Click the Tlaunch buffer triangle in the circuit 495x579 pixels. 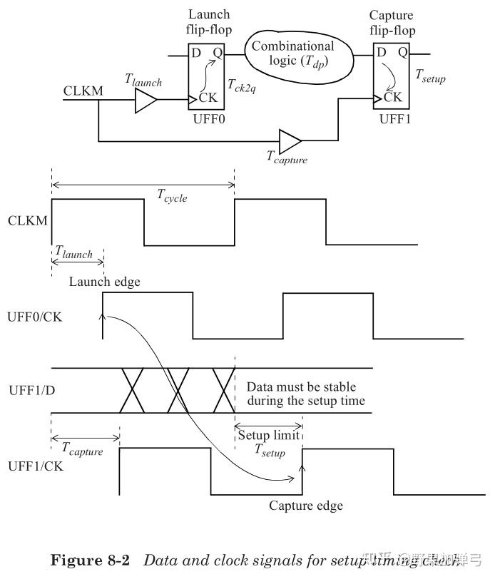click(146, 103)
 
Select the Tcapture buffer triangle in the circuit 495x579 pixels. click(290, 140)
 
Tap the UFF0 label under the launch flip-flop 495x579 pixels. click(208, 119)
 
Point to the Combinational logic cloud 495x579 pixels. click(301, 53)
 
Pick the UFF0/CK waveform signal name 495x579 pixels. click(35, 316)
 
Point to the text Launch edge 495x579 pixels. click(104, 282)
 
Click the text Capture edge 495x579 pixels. click(305, 506)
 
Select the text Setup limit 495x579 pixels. click(268, 436)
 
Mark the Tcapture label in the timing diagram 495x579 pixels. click(82, 451)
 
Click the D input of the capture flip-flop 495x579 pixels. click(382, 52)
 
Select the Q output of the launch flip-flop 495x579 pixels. click(217, 53)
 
